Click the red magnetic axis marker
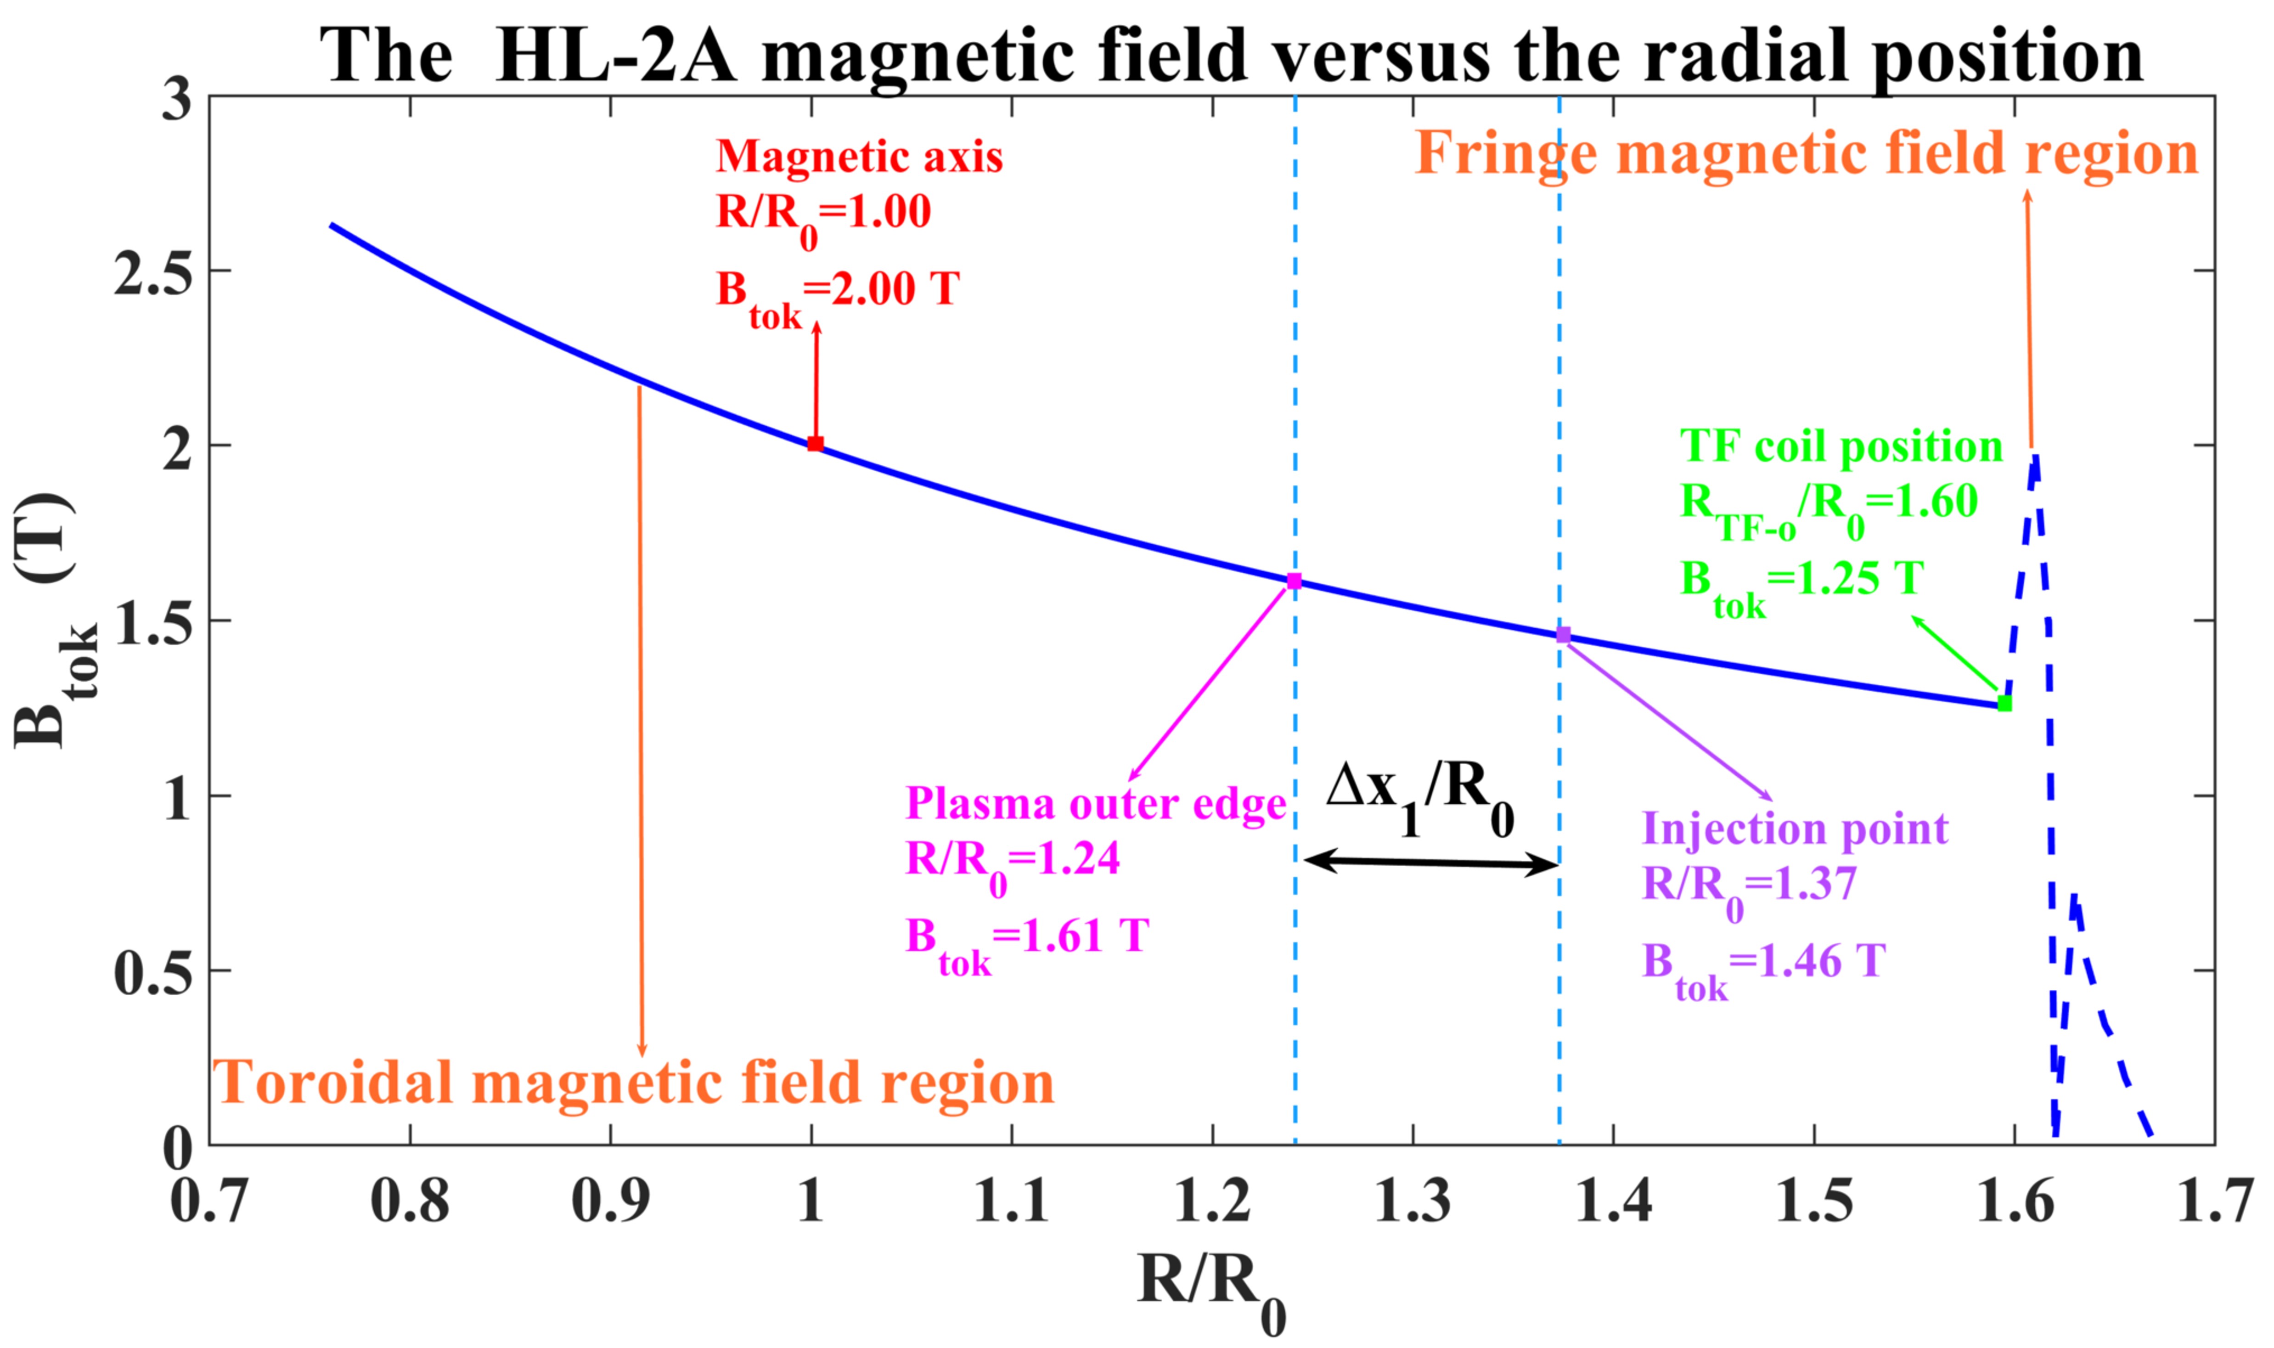pos(816,444)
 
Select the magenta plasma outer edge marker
pos(1294,581)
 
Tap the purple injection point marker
pos(1563,635)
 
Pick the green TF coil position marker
pos(2004,703)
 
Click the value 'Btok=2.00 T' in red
pos(837,293)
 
